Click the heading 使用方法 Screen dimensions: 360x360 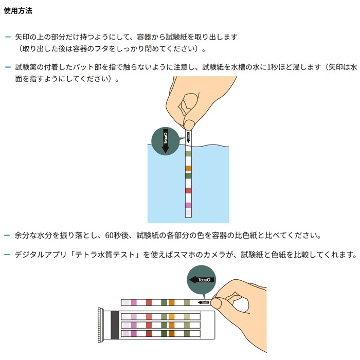pyautogui.click(x=18, y=11)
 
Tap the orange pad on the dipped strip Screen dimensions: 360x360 pyautogui.click(x=188, y=169)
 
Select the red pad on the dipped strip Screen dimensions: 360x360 pyautogui.click(x=188, y=191)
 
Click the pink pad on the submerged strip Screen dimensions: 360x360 pyautogui.click(x=188, y=206)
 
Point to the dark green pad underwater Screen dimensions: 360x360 pyautogui.click(x=188, y=176)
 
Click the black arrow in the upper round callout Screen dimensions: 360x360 pyautogui.click(x=165, y=141)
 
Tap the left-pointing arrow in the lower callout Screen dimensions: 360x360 pyautogui.click(x=202, y=280)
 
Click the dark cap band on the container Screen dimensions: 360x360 pyautogui.click(x=115, y=325)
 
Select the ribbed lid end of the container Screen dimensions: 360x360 pyautogui.click(x=100, y=325)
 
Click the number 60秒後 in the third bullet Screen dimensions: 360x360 pyautogui.click(x=117, y=236)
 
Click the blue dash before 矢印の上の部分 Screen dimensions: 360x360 pyautogui.click(x=8, y=37)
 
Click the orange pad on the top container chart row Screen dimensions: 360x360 pyautogui.click(x=171, y=317)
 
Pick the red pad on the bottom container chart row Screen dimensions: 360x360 pyautogui.click(x=149, y=333)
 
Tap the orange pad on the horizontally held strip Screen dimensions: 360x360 pyautogui.click(x=171, y=302)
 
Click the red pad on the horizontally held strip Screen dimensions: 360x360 pyautogui.click(x=149, y=302)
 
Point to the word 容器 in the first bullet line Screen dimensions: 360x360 pyautogui.click(x=144, y=37)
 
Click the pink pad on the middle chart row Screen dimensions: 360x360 pyautogui.click(x=134, y=325)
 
